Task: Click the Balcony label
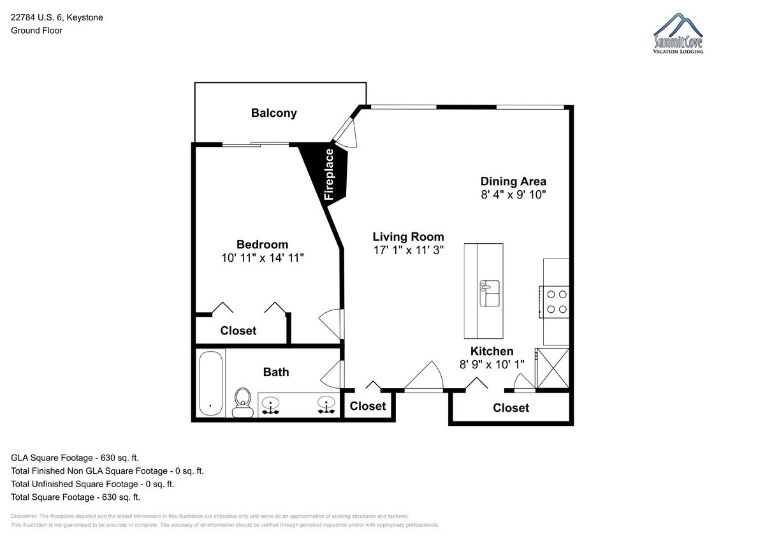click(274, 113)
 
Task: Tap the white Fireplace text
click(328, 174)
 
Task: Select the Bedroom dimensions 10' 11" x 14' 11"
click(262, 258)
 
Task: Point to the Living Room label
click(408, 237)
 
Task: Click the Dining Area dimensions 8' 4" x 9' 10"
click(513, 195)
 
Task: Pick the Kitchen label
click(492, 351)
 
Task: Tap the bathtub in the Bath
click(211, 383)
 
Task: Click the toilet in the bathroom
click(243, 402)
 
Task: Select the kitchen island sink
click(490, 293)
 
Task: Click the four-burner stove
click(554, 302)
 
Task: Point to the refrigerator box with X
click(552, 368)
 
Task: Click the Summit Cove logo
click(678, 33)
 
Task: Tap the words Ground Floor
click(36, 31)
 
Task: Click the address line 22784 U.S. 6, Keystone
click(57, 17)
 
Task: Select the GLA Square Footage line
click(75, 458)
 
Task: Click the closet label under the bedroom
click(238, 331)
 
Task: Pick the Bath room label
click(276, 372)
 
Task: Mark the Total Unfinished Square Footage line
click(92, 484)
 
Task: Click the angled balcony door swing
click(346, 133)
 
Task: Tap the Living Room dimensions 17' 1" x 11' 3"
click(408, 250)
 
